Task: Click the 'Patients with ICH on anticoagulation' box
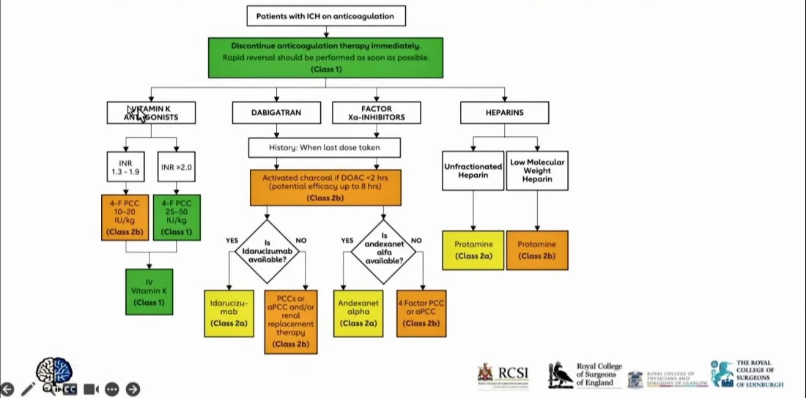tap(326, 16)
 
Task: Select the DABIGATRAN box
tap(276, 113)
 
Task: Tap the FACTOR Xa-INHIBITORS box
tap(377, 113)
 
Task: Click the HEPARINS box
tap(504, 113)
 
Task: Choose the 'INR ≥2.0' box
tap(176, 168)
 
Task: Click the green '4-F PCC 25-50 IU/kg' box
tap(176, 217)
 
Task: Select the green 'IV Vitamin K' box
tap(149, 291)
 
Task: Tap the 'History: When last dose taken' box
tap(325, 148)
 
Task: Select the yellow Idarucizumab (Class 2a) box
tap(229, 312)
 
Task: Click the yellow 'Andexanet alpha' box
tap(358, 312)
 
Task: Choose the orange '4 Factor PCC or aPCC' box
tap(421, 312)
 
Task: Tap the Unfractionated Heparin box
tap(473, 170)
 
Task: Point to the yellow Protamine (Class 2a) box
tap(473, 249)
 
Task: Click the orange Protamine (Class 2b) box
tap(536, 249)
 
